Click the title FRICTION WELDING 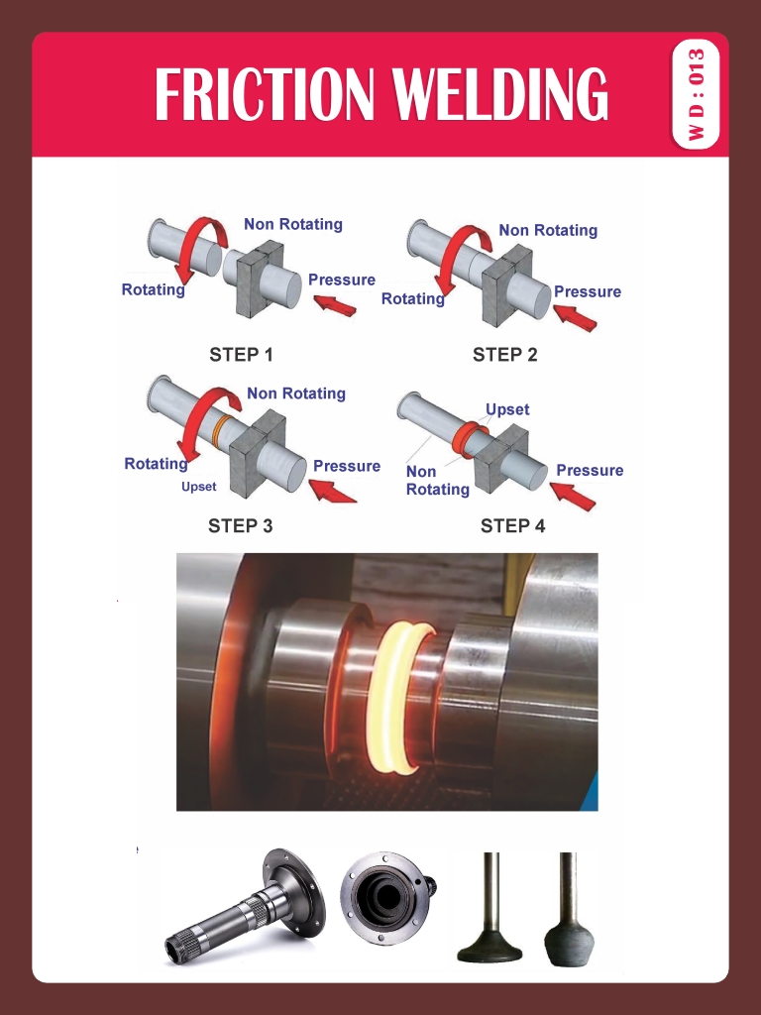(x=380, y=95)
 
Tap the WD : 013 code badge (x=698, y=95)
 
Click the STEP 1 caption (x=241, y=354)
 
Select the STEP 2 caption (x=504, y=354)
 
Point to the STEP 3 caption (x=240, y=525)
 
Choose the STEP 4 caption (x=512, y=525)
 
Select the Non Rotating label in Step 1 (x=292, y=224)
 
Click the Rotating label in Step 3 (x=155, y=464)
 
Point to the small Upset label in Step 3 (x=198, y=487)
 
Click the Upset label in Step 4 (x=507, y=409)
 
